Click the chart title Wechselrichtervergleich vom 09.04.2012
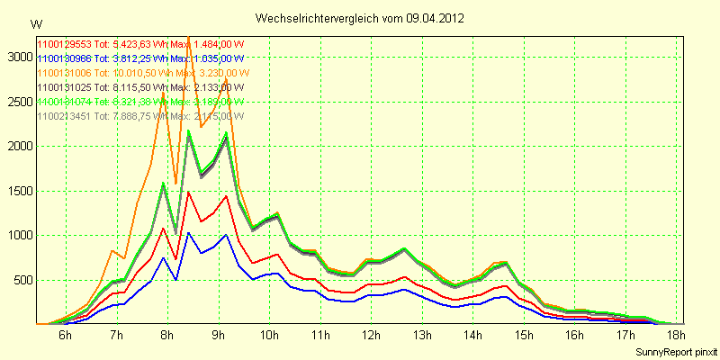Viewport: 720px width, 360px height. point(360,18)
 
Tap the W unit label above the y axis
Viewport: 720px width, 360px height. point(36,23)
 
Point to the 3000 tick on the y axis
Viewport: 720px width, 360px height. point(17,57)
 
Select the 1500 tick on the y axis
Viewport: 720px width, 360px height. point(17,191)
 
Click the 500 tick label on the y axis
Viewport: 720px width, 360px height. point(21,280)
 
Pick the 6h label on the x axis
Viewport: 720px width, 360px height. point(65,335)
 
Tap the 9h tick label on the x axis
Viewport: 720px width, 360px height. point(218,335)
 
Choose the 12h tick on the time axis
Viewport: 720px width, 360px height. point(371,335)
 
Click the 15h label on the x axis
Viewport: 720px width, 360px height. point(524,335)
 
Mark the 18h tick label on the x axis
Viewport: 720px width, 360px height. point(676,335)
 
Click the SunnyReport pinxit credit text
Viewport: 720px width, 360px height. point(676,350)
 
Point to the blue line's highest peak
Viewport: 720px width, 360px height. point(188,232)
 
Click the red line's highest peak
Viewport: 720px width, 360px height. point(188,192)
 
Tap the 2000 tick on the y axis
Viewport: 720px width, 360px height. point(17,146)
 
